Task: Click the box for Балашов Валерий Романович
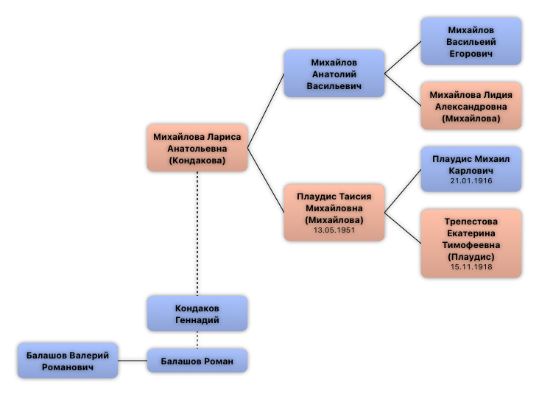[68, 361]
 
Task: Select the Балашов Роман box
[197, 361]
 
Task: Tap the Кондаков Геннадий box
[197, 314]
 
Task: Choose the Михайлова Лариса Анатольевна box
[197, 148]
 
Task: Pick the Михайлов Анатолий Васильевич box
[334, 74]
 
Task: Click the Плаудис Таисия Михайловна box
[334, 213]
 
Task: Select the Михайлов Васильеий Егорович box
[471, 41]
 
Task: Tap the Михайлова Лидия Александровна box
[471, 106]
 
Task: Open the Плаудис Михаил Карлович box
[471, 169]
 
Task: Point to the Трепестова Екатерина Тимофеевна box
[471, 244]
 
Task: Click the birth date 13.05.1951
[334, 230]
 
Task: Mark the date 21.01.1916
[471, 180]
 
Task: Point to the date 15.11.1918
[471, 267]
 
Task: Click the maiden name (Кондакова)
[197, 160]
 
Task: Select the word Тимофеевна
[471, 244]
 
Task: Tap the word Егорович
[471, 53]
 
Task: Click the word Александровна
[471, 106]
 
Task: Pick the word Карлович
[471, 170]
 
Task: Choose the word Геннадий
[197, 320]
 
